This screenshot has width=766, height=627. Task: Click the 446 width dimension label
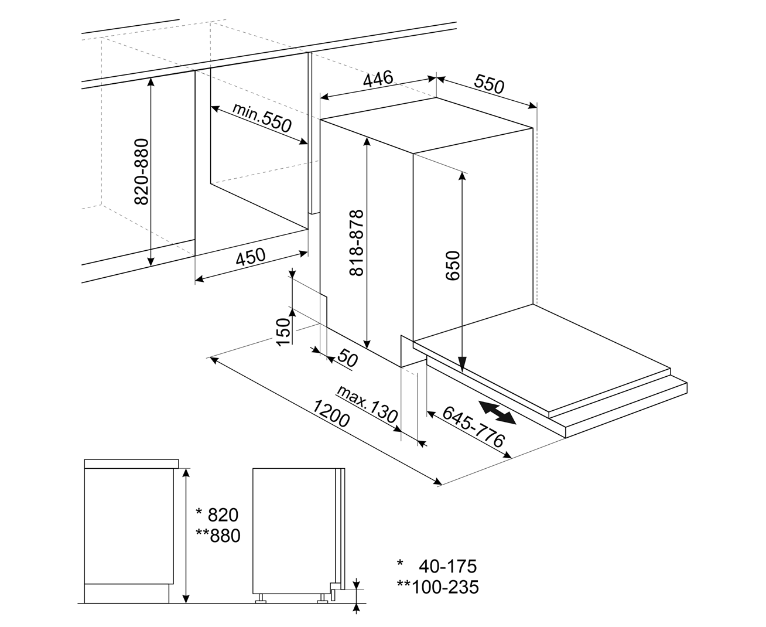[x=378, y=79]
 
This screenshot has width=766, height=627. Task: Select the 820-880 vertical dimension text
[x=142, y=172]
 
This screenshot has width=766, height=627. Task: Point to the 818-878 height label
[x=356, y=243]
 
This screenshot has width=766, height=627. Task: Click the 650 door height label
[x=453, y=265]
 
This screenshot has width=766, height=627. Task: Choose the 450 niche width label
[x=251, y=257]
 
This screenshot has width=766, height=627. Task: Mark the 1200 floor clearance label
[x=331, y=413]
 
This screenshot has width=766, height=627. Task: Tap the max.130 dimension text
[x=367, y=404]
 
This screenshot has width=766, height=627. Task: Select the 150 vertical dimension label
[x=283, y=332]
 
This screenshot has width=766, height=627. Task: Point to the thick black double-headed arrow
[x=497, y=413]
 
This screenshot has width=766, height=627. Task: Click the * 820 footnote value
[x=217, y=514]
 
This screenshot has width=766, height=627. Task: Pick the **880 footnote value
[x=218, y=536]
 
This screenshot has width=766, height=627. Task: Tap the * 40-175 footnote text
[x=436, y=566]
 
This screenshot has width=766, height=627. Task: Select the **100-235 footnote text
[x=437, y=587]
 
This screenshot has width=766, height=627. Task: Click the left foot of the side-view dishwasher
[x=261, y=599]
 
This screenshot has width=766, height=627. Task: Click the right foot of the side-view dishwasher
[x=322, y=599]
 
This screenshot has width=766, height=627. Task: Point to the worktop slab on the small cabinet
[x=132, y=464]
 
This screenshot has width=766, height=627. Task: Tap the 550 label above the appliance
[x=489, y=84]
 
